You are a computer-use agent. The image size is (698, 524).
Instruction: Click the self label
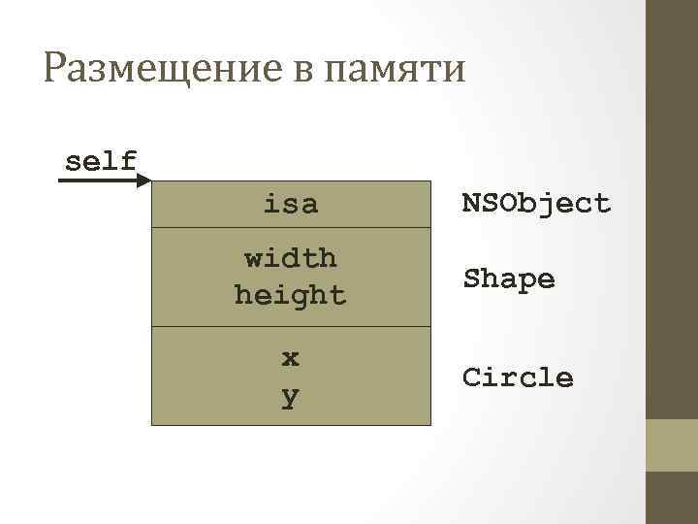pos(100,160)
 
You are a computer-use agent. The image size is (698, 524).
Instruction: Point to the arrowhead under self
pos(144,180)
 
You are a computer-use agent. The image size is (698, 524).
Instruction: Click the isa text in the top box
pos(290,204)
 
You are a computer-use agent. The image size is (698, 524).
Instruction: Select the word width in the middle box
pos(290,258)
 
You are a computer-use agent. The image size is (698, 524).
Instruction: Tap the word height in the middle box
pos(290,294)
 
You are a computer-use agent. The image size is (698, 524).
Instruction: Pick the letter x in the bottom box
pos(290,357)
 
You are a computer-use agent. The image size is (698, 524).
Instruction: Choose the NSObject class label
pos(536,203)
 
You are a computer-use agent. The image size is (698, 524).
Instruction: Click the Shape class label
pos(509,279)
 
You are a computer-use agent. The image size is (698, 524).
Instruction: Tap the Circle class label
pos(518,377)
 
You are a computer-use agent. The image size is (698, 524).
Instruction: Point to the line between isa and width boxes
pos(290,228)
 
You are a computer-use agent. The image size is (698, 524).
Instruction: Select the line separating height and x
pos(290,327)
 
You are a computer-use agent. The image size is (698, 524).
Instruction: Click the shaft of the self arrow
pos(97,180)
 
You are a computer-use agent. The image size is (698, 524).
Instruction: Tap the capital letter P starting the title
pos(55,70)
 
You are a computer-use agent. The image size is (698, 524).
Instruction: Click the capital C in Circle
pos(471,377)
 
